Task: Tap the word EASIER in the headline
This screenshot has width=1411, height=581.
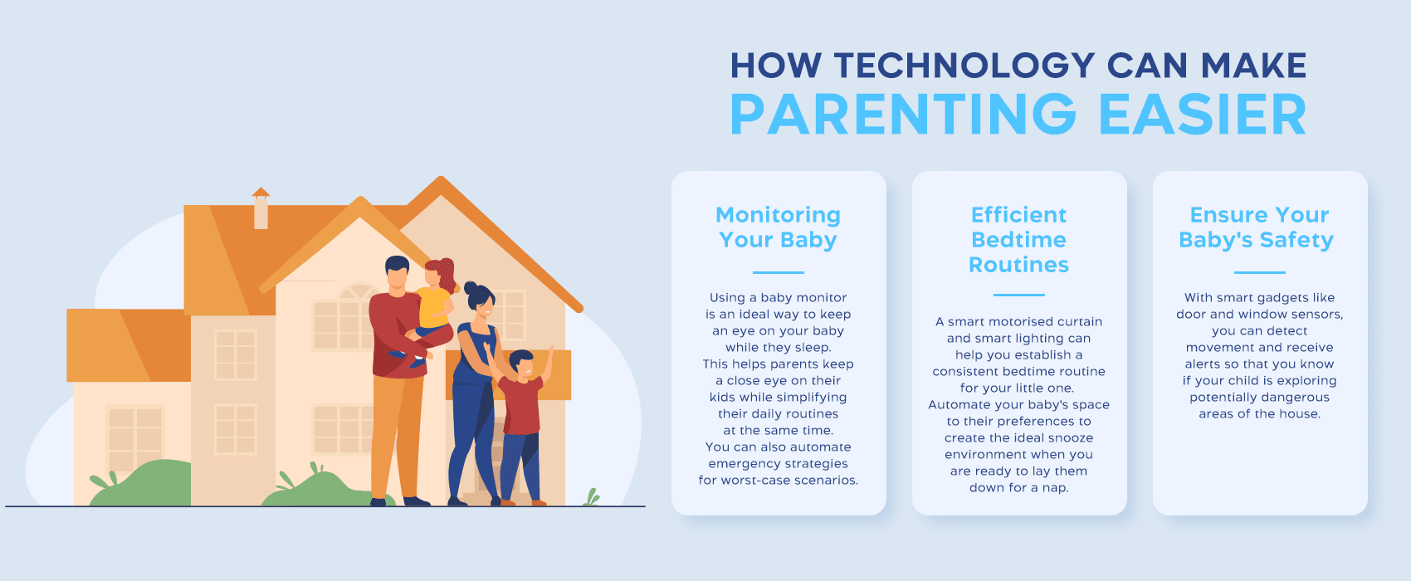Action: [x=1203, y=115]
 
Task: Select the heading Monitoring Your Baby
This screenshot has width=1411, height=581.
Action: [x=778, y=227]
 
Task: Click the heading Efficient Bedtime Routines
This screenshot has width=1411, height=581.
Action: [x=1018, y=240]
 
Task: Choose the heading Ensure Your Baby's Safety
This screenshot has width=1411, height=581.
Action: [x=1259, y=227]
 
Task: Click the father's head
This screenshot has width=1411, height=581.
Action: [x=397, y=273]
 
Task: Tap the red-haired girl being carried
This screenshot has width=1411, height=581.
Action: [x=436, y=299]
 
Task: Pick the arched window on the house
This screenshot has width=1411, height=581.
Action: [x=359, y=292]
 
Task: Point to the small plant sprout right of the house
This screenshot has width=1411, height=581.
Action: [x=591, y=497]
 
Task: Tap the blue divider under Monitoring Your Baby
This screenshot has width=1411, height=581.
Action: [x=778, y=272]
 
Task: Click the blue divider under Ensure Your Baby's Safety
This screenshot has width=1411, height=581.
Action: [x=1259, y=272]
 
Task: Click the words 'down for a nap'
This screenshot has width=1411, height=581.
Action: [x=1018, y=488]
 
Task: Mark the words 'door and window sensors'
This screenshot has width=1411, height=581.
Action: [x=1259, y=315]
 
